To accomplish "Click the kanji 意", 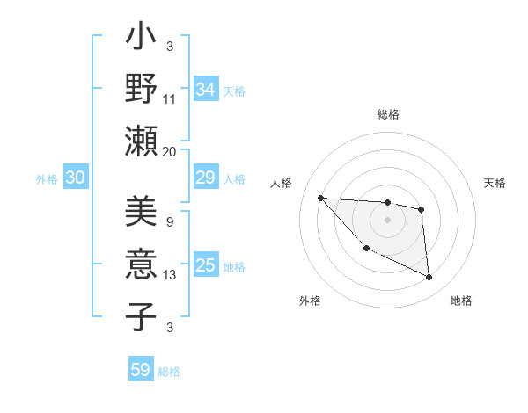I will (x=141, y=264).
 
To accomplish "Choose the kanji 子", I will (x=141, y=315).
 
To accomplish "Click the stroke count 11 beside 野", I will (x=170, y=98).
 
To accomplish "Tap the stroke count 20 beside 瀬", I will (x=170, y=151).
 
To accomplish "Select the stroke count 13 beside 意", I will (x=170, y=275).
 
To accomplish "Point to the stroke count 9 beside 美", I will (x=170, y=221).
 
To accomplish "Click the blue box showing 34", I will (x=206, y=90).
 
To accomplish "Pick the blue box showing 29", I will (x=206, y=178).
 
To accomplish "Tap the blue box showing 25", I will (x=206, y=266).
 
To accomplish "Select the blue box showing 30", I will (x=75, y=178).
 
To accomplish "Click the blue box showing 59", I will (x=141, y=370).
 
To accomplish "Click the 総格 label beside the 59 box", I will (x=169, y=372).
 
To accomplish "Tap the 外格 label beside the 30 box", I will (x=47, y=179).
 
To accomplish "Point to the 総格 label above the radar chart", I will (x=387, y=114).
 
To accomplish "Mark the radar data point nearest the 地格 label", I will (x=429, y=278).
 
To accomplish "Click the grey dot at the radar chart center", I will (x=387, y=220).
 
